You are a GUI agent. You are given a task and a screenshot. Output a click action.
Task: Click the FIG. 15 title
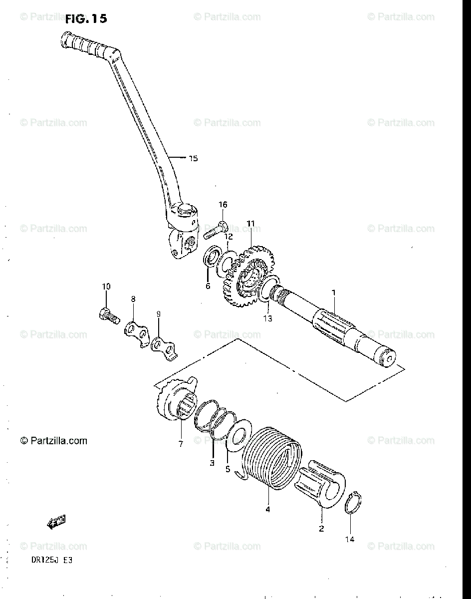(x=85, y=19)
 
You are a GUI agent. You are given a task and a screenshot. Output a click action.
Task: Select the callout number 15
(x=193, y=159)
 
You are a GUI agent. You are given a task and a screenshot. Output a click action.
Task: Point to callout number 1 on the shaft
(x=334, y=293)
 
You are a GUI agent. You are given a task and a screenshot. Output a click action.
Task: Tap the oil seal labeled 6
(x=212, y=260)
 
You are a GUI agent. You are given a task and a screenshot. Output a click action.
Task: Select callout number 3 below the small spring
(x=212, y=463)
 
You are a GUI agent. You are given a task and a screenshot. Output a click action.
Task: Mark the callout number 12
(x=228, y=236)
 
